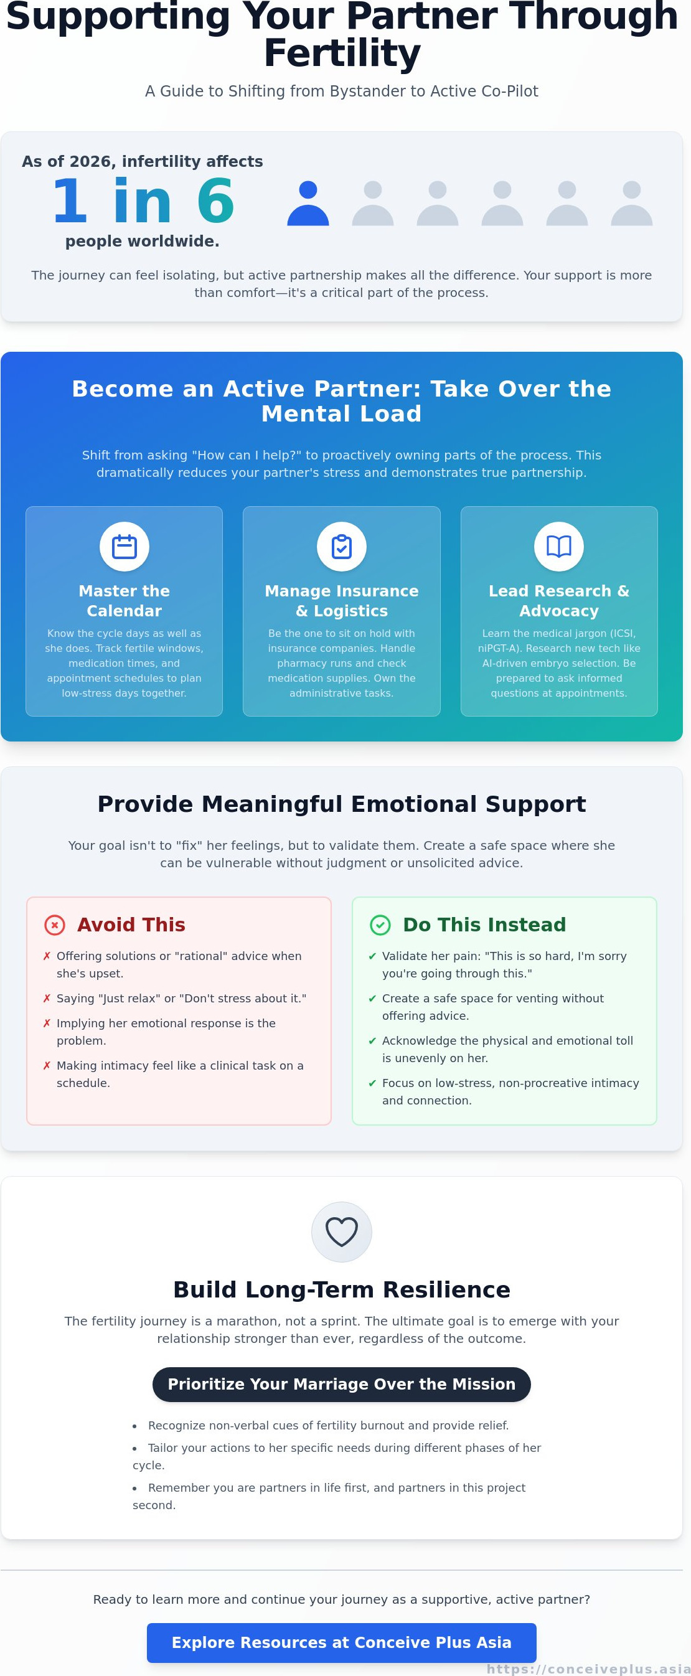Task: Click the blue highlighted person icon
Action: [308, 203]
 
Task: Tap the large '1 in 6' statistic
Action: [143, 200]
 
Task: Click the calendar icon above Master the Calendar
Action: [125, 547]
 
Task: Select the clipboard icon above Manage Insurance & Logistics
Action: [342, 547]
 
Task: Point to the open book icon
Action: [559, 547]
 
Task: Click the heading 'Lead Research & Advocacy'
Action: [559, 601]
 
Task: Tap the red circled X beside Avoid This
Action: [55, 925]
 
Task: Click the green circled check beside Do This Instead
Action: [380, 925]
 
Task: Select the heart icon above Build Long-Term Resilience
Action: [342, 1231]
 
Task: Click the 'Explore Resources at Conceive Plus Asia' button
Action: [342, 1643]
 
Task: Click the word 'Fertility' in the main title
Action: [342, 53]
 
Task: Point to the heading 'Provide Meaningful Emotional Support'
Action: [342, 804]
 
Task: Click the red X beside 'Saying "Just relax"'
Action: [47, 998]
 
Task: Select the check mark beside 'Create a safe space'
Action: [372, 998]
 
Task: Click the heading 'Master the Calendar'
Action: [125, 601]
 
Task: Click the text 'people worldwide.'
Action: [143, 242]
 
